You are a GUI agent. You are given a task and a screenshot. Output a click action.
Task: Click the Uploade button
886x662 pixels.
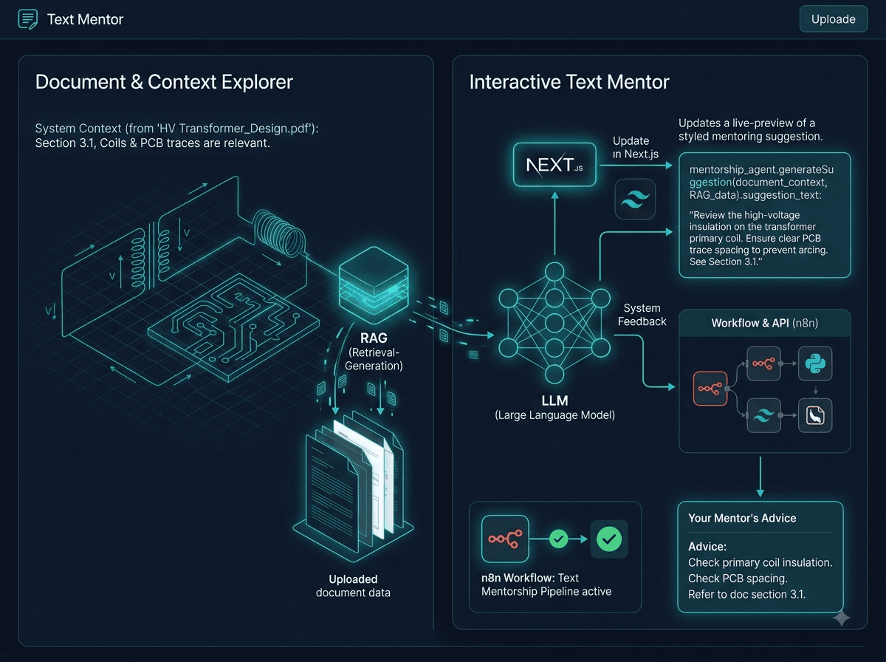click(833, 19)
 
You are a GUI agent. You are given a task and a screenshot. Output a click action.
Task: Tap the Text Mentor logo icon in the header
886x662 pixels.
click(28, 19)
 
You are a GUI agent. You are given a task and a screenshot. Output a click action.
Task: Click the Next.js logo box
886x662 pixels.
click(554, 164)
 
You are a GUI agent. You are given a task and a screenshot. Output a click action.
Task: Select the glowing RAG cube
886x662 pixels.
click(374, 284)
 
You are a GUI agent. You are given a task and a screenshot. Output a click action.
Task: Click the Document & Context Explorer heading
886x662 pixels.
click(164, 82)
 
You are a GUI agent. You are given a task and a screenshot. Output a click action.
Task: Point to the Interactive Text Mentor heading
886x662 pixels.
click(569, 82)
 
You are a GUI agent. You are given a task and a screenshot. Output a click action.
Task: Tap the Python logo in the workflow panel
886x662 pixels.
click(815, 364)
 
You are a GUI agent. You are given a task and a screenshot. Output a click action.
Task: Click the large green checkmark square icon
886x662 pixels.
click(608, 539)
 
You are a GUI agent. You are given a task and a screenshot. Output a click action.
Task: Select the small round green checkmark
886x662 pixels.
click(559, 539)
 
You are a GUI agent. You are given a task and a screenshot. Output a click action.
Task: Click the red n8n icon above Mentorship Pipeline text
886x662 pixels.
click(505, 539)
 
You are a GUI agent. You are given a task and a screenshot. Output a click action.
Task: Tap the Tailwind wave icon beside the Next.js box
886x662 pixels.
click(635, 199)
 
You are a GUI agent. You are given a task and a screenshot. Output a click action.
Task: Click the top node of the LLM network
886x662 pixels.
click(554, 271)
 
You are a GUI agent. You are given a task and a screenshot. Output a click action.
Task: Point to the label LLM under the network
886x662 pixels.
click(554, 400)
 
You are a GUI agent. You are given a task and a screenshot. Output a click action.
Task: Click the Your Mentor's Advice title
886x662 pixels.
click(742, 518)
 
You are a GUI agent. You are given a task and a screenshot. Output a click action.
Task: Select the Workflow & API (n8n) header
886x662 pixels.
click(764, 323)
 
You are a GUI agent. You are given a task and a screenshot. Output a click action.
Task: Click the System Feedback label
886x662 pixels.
click(642, 315)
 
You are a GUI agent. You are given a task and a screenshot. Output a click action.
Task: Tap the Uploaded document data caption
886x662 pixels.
click(353, 586)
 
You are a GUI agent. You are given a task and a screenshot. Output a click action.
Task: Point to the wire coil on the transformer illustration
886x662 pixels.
click(279, 233)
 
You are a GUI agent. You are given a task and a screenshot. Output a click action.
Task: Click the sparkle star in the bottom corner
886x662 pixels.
click(842, 618)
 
